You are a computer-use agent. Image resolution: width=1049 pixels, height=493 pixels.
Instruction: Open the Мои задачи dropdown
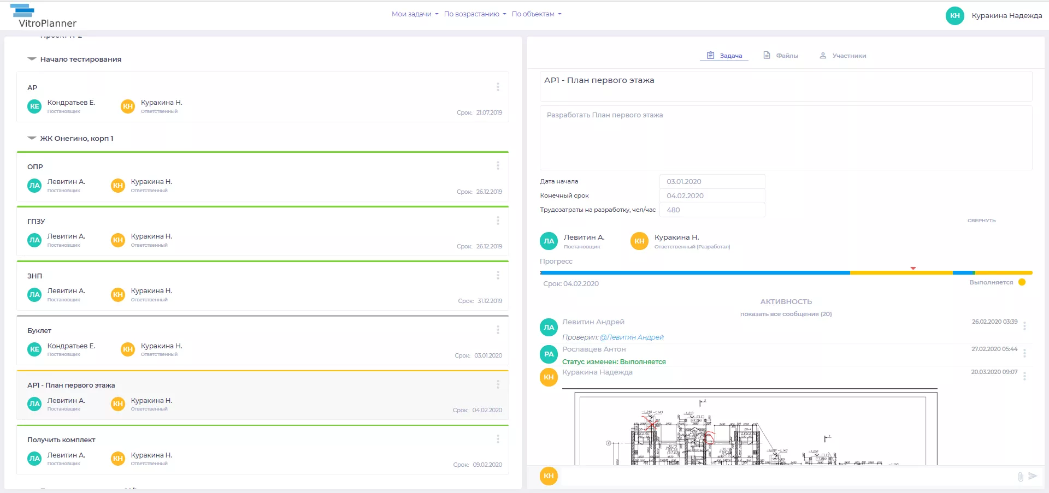415,14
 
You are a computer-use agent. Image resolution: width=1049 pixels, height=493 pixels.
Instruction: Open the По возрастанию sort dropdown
475,14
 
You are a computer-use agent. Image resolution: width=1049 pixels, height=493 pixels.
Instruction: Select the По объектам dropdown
536,14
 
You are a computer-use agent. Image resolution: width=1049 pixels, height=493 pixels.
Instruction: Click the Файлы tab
781,56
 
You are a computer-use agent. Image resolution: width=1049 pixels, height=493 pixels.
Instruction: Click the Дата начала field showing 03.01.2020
711,182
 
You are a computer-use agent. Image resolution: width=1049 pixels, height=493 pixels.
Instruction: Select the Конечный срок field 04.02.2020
711,196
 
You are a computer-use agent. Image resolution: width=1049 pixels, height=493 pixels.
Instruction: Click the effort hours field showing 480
711,210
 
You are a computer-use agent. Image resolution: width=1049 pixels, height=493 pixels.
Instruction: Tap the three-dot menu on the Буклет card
498,330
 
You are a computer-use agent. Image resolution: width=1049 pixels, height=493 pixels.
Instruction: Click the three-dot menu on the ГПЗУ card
498,221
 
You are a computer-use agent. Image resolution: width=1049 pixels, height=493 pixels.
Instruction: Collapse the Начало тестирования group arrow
32,59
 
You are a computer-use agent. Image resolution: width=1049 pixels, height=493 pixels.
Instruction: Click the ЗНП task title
35,276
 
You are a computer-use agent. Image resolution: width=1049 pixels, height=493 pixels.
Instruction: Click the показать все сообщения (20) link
786,314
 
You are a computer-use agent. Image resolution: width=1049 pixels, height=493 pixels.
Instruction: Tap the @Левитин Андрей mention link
632,337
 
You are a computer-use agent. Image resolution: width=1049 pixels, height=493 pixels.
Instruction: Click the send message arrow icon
1033,476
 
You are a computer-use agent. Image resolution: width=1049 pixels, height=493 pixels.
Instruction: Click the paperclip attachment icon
1020,477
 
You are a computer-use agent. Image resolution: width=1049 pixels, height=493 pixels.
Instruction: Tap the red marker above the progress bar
913,268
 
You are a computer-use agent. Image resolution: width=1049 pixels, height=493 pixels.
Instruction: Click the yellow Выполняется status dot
1022,282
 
